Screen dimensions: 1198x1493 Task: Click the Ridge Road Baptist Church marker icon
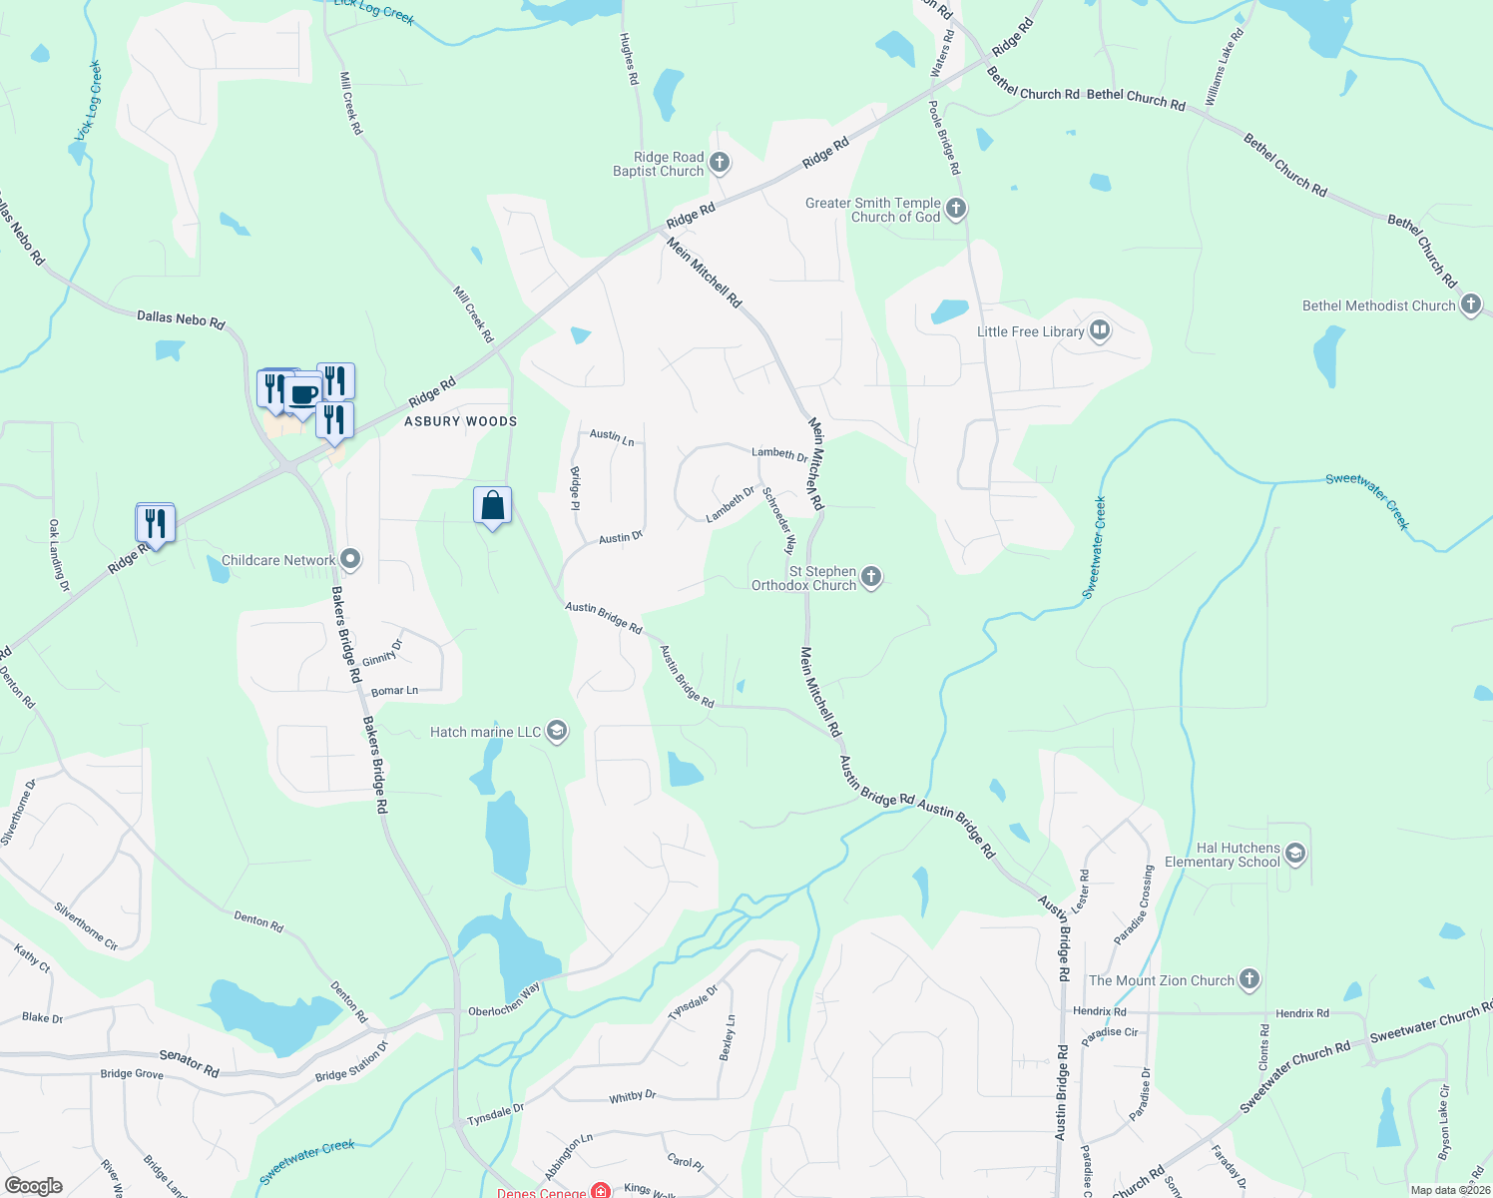720,164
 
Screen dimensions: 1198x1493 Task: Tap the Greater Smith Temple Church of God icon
956,209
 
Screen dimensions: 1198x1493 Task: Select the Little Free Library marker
1100,330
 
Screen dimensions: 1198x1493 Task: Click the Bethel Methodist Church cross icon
1471,305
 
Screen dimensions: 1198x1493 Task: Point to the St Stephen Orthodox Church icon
871,577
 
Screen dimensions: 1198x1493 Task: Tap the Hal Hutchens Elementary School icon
1295,854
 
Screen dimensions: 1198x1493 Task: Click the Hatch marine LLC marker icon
557,732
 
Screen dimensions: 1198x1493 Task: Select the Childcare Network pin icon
350,560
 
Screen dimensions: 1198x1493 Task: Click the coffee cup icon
303,392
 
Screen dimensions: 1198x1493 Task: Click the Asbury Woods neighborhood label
461,421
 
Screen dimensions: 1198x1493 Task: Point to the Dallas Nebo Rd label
181,319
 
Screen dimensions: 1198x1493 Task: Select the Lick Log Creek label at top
374,10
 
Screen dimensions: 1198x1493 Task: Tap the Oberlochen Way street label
504,999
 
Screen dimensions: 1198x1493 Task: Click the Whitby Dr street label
633,1096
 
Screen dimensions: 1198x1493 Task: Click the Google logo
33,1186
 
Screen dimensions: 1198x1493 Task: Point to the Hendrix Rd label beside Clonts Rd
1302,1013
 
